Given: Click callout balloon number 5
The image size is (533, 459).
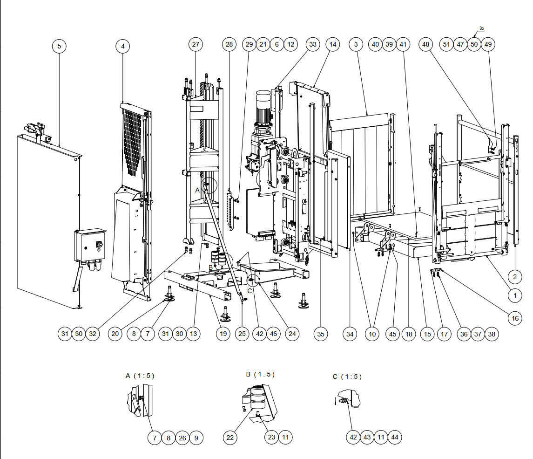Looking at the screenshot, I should pos(59,46).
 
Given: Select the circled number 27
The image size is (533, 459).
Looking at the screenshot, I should pos(196,45).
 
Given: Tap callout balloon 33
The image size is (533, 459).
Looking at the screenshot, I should pos(312,45).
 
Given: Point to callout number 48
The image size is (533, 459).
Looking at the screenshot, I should pos(425,45).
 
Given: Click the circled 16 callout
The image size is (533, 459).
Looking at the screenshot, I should pos(515,318).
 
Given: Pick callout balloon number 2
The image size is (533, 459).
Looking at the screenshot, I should pos(515,277).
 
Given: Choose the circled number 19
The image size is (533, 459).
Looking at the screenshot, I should pos(223,334).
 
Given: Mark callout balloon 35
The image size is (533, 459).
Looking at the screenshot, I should pos(321,334).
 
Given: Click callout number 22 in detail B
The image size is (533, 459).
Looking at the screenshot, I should pos(230,438).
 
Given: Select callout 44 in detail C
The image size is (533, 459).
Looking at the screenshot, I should pos(395,437).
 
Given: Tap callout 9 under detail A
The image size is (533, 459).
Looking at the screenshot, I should pos(196,438).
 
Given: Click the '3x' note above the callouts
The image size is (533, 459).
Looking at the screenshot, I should pos(482,29).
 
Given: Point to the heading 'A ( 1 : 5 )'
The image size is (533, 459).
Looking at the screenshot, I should pos(140,376).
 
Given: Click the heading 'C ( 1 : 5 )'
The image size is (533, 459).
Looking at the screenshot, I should pos(347,377).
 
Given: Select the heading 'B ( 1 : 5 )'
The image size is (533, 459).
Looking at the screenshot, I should pos(260,374).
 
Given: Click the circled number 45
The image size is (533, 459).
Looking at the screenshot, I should pos(393,334).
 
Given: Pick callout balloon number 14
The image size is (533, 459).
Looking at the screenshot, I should pos(332,45).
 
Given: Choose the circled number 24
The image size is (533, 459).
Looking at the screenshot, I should pos(292,334).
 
